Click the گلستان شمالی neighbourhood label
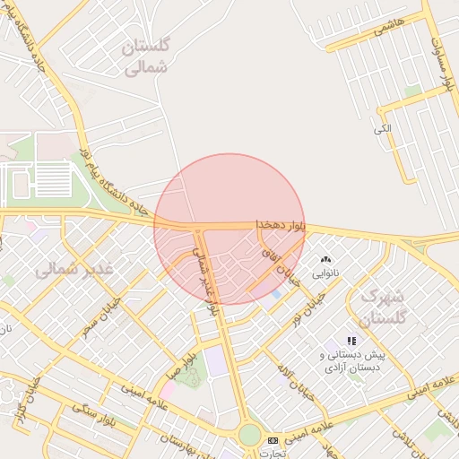(149, 56)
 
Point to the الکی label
(383, 129)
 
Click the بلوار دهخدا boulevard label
(281, 225)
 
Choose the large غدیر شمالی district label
(74, 268)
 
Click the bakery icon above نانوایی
(325, 259)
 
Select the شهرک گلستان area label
(383, 306)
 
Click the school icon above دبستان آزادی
(351, 341)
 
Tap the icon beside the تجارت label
(273, 440)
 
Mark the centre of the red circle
(229, 229)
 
